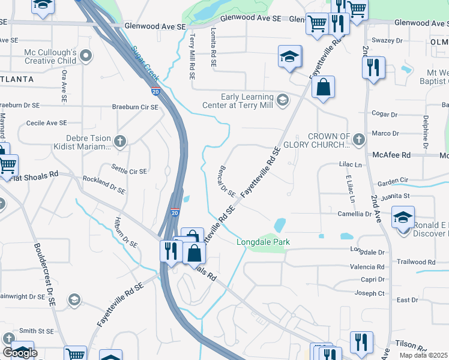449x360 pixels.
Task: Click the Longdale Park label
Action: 263,242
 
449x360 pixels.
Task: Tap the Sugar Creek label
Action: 145,63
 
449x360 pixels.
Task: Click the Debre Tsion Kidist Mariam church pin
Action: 120,141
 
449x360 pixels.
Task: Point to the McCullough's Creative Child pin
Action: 86,56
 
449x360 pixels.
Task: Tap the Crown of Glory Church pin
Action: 358,140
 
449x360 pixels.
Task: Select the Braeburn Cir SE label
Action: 135,107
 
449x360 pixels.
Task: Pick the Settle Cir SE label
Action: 129,171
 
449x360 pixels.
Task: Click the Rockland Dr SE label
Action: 104,185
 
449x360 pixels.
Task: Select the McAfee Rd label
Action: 391,155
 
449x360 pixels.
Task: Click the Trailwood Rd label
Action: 415,262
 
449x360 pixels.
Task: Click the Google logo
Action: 20,352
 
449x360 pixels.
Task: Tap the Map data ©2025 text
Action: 423,355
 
